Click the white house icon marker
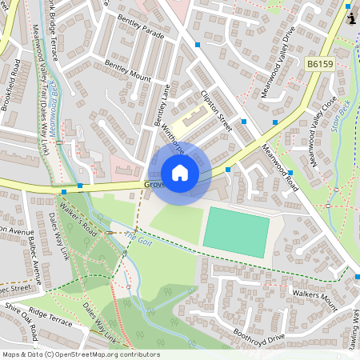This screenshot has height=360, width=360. (x=180, y=173)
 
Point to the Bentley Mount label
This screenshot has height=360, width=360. (x=128, y=73)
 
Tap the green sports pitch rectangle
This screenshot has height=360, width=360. (x=235, y=232)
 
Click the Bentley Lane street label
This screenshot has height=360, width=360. (x=163, y=105)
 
